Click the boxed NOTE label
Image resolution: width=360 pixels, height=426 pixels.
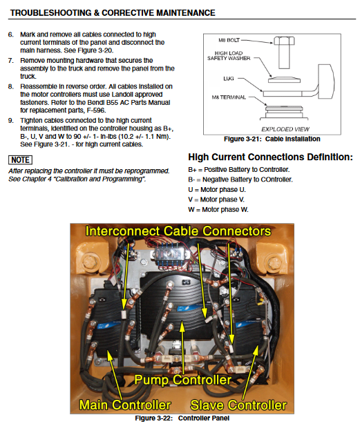(21, 159)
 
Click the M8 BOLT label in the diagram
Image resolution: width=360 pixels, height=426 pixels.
(229, 40)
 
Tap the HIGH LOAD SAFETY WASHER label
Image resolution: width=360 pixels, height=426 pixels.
(229, 56)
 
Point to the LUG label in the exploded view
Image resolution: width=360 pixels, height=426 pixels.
(229, 79)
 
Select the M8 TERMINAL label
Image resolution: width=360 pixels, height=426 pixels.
(229, 97)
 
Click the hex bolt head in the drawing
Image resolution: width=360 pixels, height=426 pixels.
(284, 41)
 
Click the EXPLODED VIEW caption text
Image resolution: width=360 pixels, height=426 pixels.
(285, 129)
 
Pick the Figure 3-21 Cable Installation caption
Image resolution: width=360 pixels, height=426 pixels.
(272, 139)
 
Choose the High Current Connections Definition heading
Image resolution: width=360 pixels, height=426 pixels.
(270, 157)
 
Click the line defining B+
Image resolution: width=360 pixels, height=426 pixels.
(238, 170)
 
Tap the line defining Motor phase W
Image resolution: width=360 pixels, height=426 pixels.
(218, 209)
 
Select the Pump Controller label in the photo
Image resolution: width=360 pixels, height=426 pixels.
(182, 380)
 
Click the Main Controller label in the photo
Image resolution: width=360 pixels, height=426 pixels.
(125, 405)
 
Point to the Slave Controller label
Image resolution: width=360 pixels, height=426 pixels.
(238, 405)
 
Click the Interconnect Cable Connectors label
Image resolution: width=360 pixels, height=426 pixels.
(178, 231)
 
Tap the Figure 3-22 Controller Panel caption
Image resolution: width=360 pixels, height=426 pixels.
(182, 418)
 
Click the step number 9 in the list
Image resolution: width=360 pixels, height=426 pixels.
(10, 120)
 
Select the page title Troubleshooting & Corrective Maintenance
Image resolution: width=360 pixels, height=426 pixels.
(113, 12)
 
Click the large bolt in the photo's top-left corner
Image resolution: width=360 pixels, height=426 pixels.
(88, 262)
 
